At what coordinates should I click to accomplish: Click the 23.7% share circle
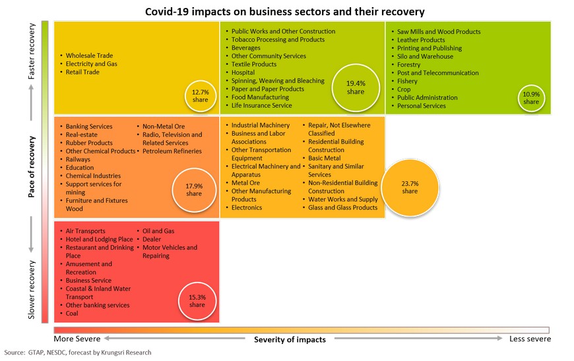pyautogui.click(x=410, y=188)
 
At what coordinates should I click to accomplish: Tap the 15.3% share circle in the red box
pyautogui.click(x=197, y=301)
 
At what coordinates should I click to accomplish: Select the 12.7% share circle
pyautogui.click(x=201, y=96)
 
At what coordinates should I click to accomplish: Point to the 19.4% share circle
pyautogui.click(x=356, y=88)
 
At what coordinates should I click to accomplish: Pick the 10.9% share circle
pyautogui.click(x=531, y=98)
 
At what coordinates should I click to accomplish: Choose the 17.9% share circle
pyautogui.click(x=194, y=190)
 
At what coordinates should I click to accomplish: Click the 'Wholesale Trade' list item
pyautogui.click(x=89, y=55)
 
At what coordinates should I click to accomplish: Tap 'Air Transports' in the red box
pyautogui.click(x=85, y=231)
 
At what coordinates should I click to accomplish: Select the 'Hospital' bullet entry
pyautogui.click(x=243, y=72)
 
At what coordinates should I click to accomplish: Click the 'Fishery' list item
pyautogui.click(x=407, y=81)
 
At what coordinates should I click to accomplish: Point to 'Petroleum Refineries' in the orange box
pyautogui.click(x=172, y=151)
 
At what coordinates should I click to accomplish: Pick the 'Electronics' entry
pyautogui.click(x=247, y=208)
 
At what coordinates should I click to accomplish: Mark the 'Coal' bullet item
pyautogui.click(x=72, y=313)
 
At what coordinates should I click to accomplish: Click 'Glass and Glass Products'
pyautogui.click(x=342, y=208)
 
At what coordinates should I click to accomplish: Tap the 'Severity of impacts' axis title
pyautogui.click(x=290, y=339)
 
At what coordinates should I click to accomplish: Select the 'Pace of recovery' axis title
pyautogui.click(x=32, y=167)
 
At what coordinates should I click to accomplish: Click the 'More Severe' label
pyautogui.click(x=77, y=339)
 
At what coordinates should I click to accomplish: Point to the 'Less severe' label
pyautogui.click(x=530, y=339)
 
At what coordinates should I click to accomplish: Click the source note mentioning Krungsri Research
pyautogui.click(x=78, y=352)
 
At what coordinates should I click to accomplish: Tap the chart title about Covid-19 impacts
pyautogui.click(x=285, y=12)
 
